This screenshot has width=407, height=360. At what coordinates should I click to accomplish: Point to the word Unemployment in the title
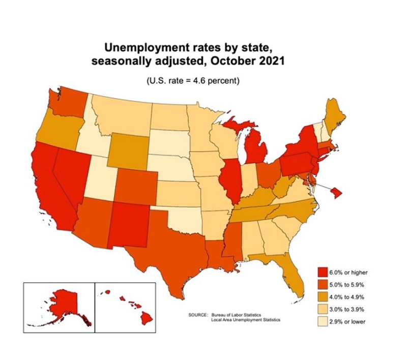[145, 48]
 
